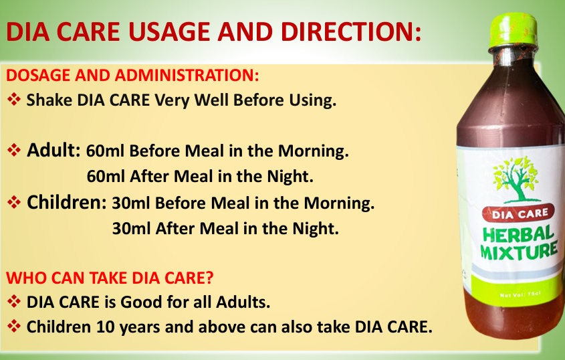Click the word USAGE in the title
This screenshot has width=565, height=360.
(x=168, y=31)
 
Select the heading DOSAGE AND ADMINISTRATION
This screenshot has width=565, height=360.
(x=132, y=75)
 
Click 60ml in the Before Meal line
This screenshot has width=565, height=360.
(x=105, y=151)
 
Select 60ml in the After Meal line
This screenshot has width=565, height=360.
(x=106, y=177)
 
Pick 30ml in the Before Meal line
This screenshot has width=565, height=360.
(x=131, y=203)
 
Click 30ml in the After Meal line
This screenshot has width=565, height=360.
(x=131, y=228)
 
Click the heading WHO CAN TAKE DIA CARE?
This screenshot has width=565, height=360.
(x=110, y=278)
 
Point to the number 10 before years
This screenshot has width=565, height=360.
(x=105, y=327)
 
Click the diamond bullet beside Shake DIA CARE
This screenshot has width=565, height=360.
(x=13, y=99)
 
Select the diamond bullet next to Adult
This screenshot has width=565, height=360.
(x=13, y=150)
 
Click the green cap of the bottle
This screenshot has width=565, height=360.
(x=513, y=30)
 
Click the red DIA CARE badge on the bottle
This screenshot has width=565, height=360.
(x=519, y=214)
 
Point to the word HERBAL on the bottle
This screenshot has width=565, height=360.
(x=518, y=235)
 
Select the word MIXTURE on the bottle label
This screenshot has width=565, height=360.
(x=519, y=251)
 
